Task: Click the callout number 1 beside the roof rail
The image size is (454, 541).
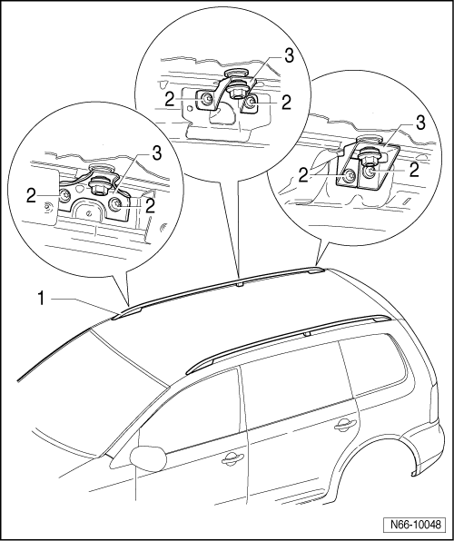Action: tap(41, 299)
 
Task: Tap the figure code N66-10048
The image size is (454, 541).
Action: tap(416, 525)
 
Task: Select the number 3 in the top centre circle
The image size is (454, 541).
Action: tap(289, 56)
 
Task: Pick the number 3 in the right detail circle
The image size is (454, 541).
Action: tap(420, 123)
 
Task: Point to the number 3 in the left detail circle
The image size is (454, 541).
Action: tap(156, 154)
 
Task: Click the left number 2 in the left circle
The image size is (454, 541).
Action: tap(31, 196)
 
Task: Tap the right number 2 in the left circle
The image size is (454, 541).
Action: tap(150, 206)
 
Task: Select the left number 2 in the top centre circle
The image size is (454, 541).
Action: tap(170, 100)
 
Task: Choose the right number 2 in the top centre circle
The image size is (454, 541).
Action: tap(286, 103)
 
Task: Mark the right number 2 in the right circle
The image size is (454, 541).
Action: tap(414, 170)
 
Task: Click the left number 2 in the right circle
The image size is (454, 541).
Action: tap(303, 175)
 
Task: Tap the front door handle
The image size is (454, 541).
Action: tap(232, 458)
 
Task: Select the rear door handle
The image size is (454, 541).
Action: tap(345, 425)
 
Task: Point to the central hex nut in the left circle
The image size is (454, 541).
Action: tap(97, 187)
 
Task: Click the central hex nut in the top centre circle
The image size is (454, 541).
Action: tap(236, 92)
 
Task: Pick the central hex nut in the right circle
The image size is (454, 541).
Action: tap(368, 160)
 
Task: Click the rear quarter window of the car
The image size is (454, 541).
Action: tap(373, 366)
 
